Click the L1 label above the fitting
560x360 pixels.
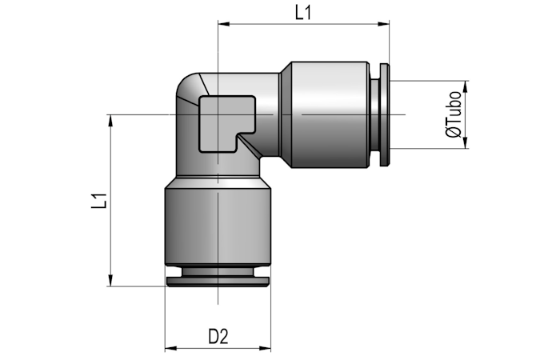point(303,14)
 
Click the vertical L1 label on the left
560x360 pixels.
point(99,201)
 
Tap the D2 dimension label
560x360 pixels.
point(218,337)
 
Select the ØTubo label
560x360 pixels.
point(454,114)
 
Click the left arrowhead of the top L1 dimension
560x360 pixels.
point(223,24)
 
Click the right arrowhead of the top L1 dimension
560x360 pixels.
point(383,24)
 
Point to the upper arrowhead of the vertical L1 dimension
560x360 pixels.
point(110,120)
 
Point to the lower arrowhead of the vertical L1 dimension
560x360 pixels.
point(110,280)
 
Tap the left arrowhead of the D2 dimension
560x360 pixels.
point(170,348)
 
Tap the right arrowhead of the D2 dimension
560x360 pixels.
point(265,348)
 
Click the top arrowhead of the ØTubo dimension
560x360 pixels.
point(466,86)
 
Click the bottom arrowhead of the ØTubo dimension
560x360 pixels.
point(466,143)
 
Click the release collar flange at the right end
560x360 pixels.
point(384,114)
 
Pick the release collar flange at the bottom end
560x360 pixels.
point(218,282)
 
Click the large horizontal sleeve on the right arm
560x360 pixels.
point(330,114)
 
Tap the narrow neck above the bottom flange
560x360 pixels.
point(218,272)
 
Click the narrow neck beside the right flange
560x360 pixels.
point(375,114)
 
